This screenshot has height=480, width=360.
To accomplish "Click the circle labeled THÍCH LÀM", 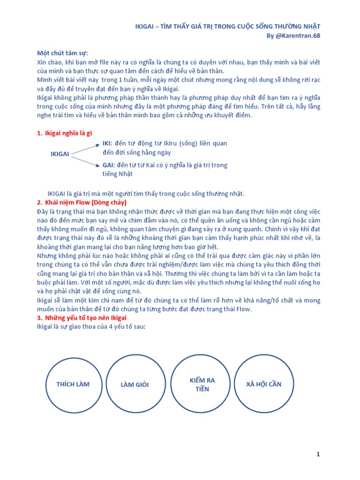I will pos(73,384).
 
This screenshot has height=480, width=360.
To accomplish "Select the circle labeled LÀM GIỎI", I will pos(134,385).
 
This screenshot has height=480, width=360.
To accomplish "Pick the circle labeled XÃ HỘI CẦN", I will pos(263,384).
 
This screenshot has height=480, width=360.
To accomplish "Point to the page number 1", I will pos(318,454).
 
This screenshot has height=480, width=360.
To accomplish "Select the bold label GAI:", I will pos(109,165).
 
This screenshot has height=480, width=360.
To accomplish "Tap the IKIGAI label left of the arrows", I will pos(60,154).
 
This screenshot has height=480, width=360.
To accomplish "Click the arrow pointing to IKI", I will pos(85,148).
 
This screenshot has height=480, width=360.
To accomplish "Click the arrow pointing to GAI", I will pos(85,160).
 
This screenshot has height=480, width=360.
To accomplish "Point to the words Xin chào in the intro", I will pos(48,62).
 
